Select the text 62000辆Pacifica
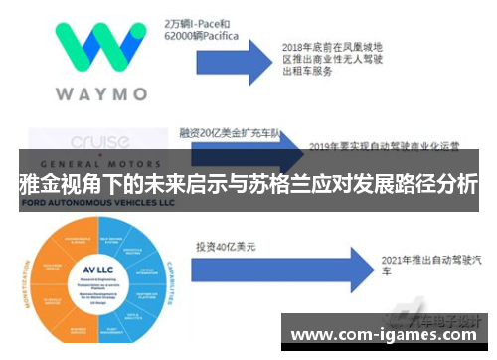click(204, 35)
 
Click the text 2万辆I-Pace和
click(199, 20)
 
